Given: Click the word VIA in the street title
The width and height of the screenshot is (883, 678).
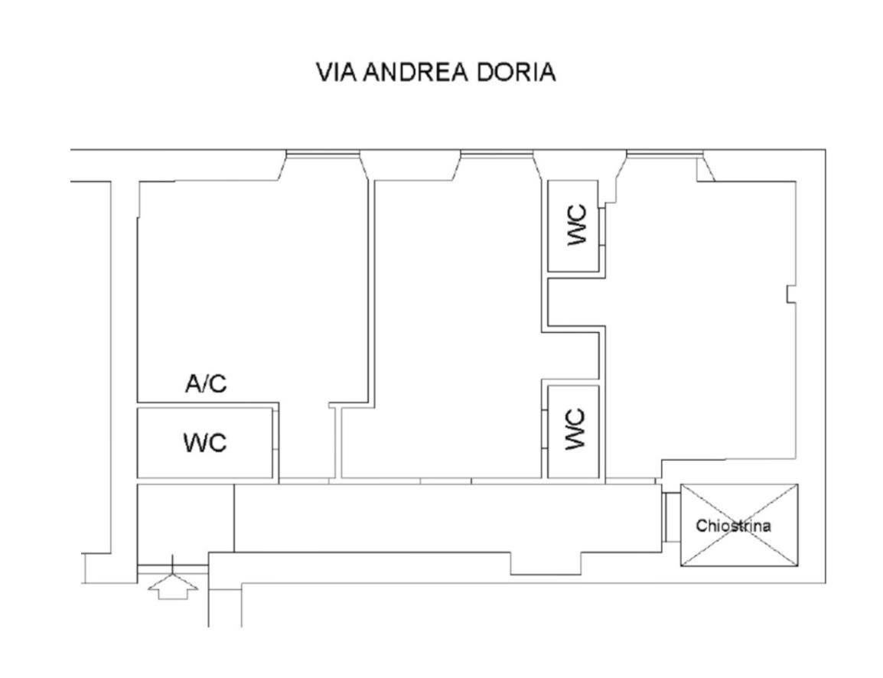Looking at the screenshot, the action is pyautogui.click(x=336, y=72).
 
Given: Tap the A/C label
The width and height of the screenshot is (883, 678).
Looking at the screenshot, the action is pyautogui.click(x=206, y=383).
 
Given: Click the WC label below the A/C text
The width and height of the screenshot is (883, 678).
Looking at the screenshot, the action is pyautogui.click(x=205, y=442).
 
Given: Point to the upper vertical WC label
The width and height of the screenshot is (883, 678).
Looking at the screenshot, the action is pyautogui.click(x=577, y=225).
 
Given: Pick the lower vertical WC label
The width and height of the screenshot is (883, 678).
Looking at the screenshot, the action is pyautogui.click(x=575, y=429).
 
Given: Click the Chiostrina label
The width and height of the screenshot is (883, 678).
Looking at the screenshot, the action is pyautogui.click(x=733, y=526).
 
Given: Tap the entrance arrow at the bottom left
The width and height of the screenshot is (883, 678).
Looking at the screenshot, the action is pyautogui.click(x=173, y=588).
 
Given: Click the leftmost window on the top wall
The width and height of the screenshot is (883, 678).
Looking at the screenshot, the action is pyautogui.click(x=322, y=154).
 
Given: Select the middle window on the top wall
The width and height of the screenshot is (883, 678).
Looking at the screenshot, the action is pyautogui.click(x=497, y=154).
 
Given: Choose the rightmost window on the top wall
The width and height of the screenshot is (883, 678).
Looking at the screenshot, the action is pyautogui.click(x=665, y=154).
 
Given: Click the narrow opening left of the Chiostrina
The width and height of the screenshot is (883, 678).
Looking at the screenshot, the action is pyautogui.click(x=671, y=517).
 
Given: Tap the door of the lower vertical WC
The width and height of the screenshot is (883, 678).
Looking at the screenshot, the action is pyautogui.click(x=544, y=428).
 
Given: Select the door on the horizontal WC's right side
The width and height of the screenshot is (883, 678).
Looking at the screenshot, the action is pyautogui.click(x=275, y=429).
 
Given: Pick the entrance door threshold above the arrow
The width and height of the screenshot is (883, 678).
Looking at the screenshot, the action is pyautogui.click(x=173, y=568).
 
